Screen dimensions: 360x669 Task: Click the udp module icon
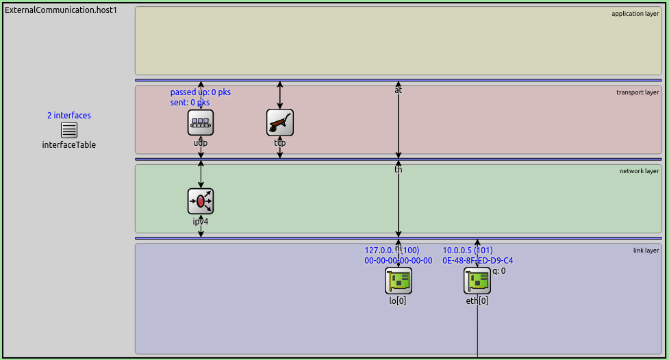coord(201,123)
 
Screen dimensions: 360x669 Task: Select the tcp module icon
coord(279,123)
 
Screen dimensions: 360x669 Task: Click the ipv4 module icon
coord(201,201)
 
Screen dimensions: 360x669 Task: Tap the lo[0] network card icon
coord(399,281)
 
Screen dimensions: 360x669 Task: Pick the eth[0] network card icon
coord(477,281)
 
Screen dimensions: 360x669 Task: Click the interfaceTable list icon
coord(69,130)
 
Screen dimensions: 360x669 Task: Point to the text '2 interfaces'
coord(69,116)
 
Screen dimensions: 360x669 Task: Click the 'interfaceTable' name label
coord(69,145)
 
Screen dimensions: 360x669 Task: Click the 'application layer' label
coord(635,14)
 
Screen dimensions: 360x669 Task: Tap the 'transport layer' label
coord(638,92)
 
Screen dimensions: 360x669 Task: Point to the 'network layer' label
coord(639,171)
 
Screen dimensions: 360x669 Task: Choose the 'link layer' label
coord(646,250)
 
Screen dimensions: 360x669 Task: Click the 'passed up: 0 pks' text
coord(201,92)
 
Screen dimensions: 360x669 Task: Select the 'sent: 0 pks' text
coord(190,103)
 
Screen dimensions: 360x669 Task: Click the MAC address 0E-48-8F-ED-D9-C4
coord(477,261)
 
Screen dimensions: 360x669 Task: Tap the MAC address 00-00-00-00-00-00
coord(399,261)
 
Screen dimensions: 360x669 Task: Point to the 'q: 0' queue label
coord(499,271)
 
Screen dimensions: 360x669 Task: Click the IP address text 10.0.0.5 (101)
coord(468,250)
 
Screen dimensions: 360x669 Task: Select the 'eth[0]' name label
coord(477,300)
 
